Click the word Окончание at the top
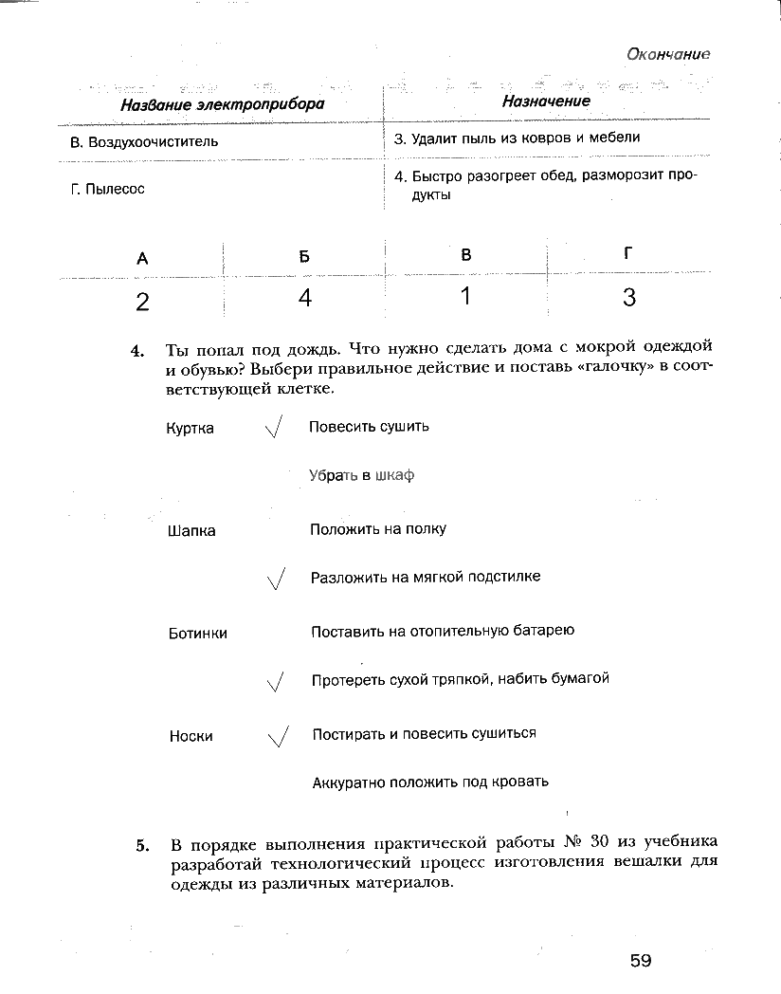click(667, 55)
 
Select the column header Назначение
click(546, 101)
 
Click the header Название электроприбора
click(222, 103)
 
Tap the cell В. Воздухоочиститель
click(144, 142)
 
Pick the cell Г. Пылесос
click(108, 190)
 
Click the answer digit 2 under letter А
click(142, 302)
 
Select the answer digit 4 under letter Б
click(304, 298)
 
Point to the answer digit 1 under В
click(465, 296)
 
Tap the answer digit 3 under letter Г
click(628, 298)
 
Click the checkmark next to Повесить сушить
click(275, 429)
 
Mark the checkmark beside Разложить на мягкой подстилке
click(277, 579)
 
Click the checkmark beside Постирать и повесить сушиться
click(278, 736)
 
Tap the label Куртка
click(190, 429)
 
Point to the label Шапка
click(191, 531)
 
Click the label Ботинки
click(198, 634)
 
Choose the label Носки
click(191, 736)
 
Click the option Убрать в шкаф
click(361, 475)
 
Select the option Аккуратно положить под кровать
click(430, 782)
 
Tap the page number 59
click(641, 961)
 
